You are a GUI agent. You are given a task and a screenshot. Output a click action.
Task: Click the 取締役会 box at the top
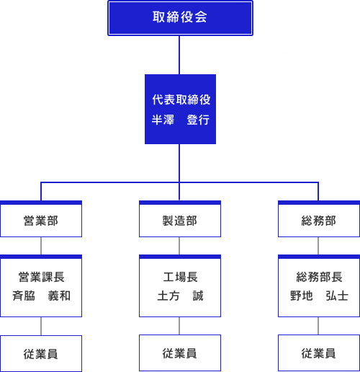180,18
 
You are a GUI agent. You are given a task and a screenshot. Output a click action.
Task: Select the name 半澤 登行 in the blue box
181,120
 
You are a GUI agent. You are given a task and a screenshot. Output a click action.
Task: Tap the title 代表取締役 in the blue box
181,99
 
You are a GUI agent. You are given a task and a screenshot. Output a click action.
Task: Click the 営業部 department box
41,219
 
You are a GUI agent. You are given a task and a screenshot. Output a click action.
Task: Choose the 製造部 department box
180,219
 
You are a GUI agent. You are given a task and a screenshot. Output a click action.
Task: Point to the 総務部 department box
319,219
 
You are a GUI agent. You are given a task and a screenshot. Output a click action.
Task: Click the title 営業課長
42,277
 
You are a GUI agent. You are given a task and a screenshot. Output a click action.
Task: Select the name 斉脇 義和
41,296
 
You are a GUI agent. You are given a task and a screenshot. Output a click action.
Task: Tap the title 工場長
181,277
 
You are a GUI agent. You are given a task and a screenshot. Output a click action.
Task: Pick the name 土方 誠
181,296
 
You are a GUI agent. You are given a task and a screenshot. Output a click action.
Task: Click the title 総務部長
319,277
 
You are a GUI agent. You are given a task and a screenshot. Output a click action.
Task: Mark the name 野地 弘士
319,296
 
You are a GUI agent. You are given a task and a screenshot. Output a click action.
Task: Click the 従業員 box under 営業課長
41,353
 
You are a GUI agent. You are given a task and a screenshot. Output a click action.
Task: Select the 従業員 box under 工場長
180,353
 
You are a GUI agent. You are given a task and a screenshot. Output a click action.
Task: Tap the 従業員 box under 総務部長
319,353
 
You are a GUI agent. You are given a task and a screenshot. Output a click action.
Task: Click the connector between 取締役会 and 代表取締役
179,55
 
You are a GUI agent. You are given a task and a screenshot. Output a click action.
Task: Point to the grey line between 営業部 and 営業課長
41,246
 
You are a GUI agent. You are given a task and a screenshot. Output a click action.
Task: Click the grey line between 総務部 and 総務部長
318,246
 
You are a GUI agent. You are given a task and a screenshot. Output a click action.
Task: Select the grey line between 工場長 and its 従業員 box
179,326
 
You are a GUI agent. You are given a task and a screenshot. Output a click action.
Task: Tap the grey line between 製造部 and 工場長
179,246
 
